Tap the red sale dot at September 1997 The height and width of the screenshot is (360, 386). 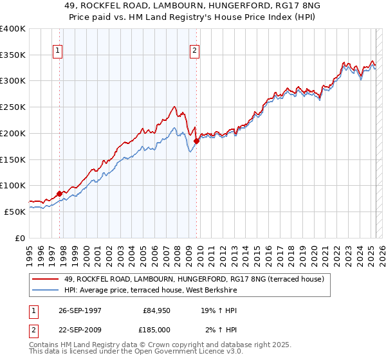click(59, 193)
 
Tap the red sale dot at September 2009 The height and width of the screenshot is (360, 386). click(196, 141)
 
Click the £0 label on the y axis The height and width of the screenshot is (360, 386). click(20, 237)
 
